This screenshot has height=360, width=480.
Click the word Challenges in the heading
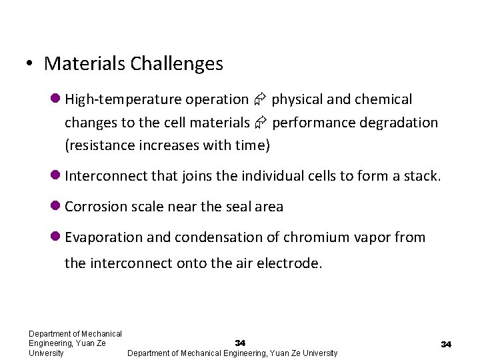pyautogui.click(x=177, y=64)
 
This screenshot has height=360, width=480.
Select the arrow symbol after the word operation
pyautogui.click(x=260, y=100)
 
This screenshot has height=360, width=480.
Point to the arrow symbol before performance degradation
pyautogui.click(x=261, y=123)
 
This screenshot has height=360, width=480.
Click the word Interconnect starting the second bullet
pyautogui.click(x=106, y=177)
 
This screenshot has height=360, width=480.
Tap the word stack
pyautogui.click(x=422, y=177)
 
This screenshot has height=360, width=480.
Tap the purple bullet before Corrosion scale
pyautogui.click(x=56, y=207)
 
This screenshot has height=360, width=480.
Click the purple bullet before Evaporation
pyautogui.click(x=56, y=237)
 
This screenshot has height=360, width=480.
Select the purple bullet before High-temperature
pyautogui.click(x=56, y=99)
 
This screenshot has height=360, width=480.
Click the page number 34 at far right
pyautogui.click(x=446, y=344)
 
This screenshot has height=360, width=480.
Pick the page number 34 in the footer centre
pyautogui.click(x=240, y=343)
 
